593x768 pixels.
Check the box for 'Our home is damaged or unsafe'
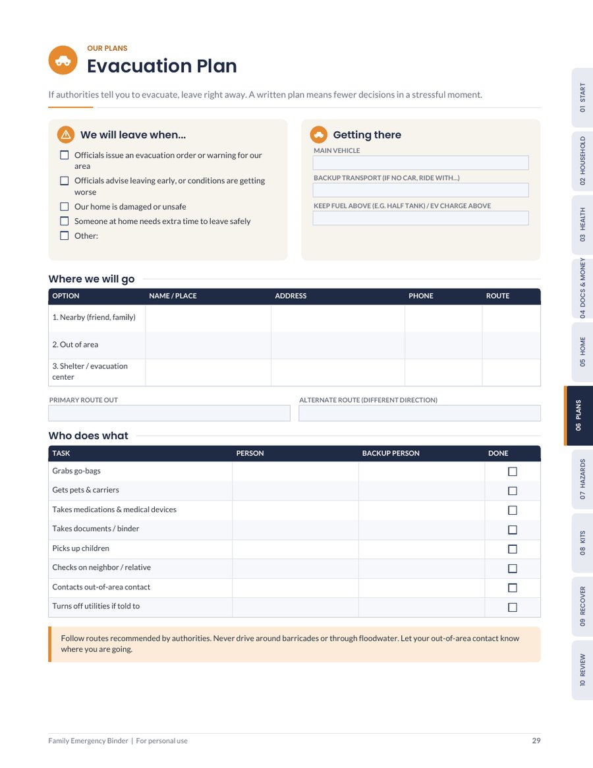64,207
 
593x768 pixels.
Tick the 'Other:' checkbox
64,235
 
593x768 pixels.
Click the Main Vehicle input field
420,163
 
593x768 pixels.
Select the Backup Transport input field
420,190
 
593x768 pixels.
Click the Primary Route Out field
169,413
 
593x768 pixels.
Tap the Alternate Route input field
420,413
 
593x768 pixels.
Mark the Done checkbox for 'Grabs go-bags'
513,471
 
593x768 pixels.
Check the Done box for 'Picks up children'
513,549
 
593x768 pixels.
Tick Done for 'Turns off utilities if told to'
513,607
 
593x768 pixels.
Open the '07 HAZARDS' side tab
582,479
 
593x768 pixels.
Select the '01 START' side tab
582,98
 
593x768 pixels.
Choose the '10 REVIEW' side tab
582,670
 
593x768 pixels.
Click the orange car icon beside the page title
63,60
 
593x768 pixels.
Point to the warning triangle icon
66,134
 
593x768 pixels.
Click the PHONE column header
421,296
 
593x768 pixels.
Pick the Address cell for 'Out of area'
338,345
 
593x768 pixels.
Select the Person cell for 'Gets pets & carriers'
295,490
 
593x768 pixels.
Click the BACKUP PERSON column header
391,453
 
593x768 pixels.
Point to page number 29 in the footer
536,740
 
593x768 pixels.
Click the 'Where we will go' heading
92,279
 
